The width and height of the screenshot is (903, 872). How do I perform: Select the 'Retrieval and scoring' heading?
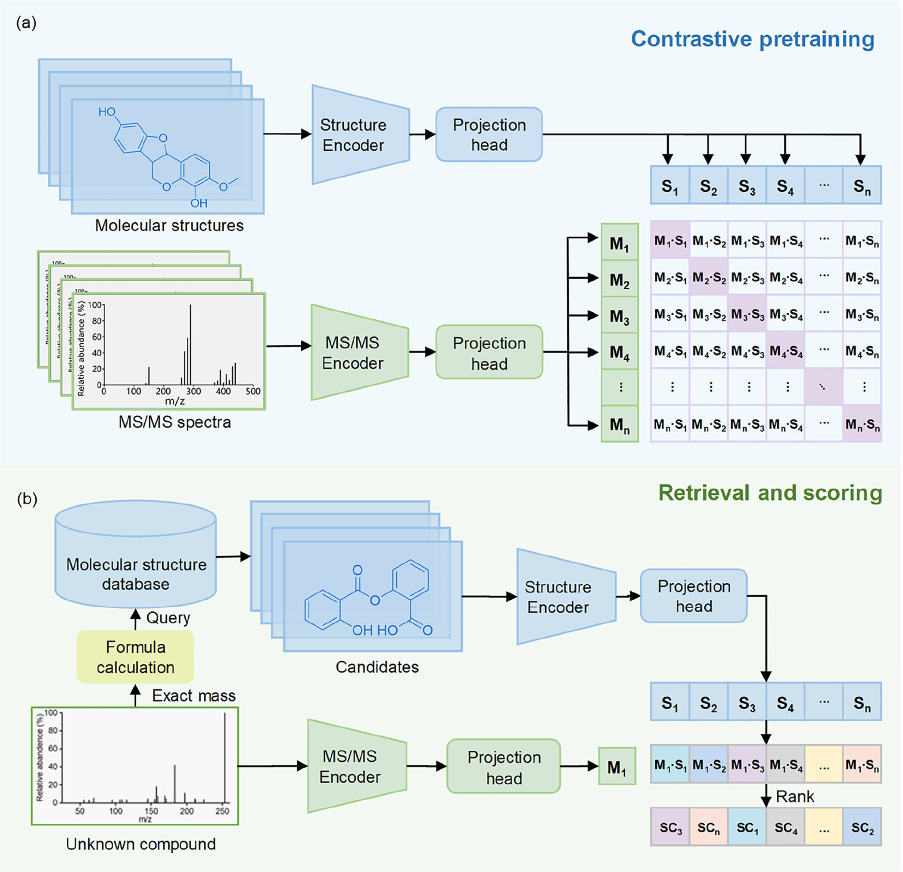point(770,493)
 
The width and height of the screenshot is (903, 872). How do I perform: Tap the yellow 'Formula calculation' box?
point(135,657)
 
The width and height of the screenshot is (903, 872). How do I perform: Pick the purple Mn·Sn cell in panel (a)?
point(862,424)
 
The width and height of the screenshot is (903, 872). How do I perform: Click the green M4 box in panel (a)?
point(620,352)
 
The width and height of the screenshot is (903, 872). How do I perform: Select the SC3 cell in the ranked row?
point(670,828)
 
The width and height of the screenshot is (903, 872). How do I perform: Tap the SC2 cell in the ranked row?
point(862,828)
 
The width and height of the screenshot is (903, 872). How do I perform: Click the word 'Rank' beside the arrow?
point(795,797)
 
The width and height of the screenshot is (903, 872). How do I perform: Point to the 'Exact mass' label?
point(193,695)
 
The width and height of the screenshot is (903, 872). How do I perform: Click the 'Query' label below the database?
point(168,618)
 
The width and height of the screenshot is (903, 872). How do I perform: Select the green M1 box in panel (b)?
point(617,766)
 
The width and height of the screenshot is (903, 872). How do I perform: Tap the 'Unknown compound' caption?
point(140,844)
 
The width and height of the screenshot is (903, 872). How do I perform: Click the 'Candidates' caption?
point(377,666)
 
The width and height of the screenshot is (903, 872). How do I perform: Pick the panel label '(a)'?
point(26,22)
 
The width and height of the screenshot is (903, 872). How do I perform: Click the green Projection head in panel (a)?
point(489,353)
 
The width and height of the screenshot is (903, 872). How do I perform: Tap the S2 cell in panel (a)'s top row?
point(709,186)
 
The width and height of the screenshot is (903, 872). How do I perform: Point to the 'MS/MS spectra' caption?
point(174,422)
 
